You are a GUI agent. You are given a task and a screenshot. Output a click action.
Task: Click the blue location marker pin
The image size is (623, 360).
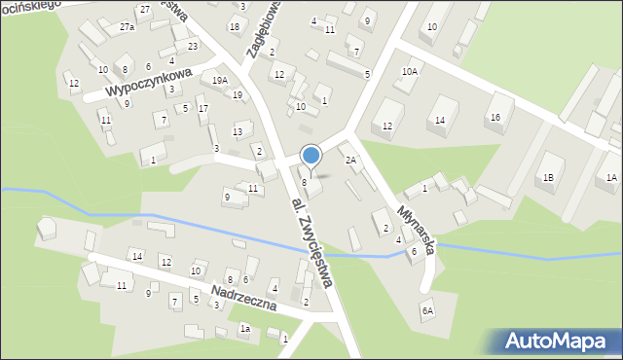coord(311,156)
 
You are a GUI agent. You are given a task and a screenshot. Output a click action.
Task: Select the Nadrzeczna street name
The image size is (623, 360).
coord(244,298)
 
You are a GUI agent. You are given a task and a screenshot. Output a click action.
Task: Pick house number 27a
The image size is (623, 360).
coord(127,27)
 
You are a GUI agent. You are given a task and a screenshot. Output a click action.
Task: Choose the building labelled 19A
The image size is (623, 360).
coord(220,81)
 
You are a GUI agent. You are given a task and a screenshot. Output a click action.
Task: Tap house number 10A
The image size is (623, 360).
coord(410,71)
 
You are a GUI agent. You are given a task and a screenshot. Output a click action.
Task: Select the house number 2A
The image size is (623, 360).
coord(350,159)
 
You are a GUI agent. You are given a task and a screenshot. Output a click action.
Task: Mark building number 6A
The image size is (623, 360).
coord(426,311)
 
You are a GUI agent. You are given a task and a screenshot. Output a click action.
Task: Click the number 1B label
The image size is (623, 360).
coord(549,177)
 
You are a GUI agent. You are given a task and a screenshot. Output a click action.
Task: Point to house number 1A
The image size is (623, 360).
coord(611,177)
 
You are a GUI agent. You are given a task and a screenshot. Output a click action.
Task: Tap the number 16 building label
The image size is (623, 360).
coord(495,117)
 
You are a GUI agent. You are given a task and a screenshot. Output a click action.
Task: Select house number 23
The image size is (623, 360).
coord(193,46)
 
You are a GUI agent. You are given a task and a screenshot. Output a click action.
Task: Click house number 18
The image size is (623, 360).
coord(234,26)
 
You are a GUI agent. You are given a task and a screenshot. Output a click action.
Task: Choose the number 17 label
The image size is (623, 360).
coord(202,109)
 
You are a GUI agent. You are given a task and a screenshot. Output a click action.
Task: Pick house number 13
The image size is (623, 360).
coord(237,132)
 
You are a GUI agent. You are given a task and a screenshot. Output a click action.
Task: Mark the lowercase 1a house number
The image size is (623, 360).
coord(245,329)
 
